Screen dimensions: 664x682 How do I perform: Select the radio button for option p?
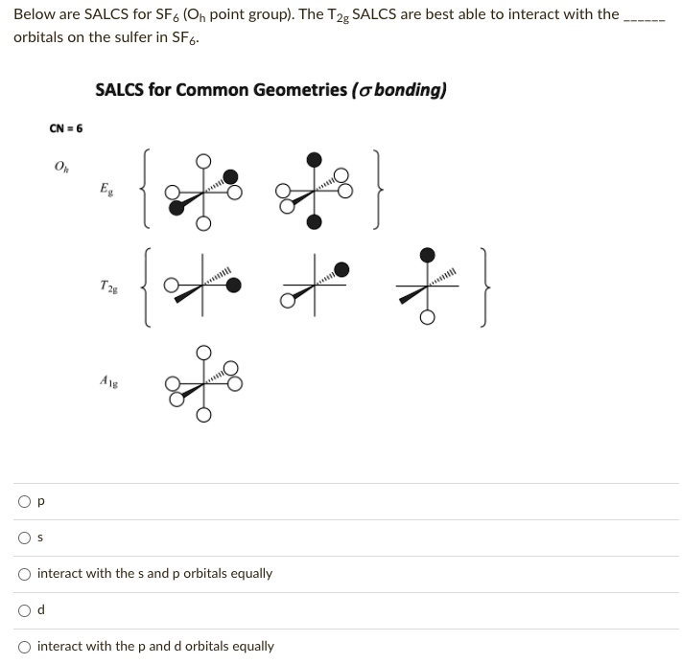(x=22, y=501)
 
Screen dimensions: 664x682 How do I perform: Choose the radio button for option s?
(x=22, y=538)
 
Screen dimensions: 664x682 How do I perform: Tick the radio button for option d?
(x=22, y=610)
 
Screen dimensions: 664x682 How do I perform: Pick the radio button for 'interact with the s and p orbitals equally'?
(x=22, y=574)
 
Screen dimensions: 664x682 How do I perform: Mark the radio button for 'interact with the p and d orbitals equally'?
(x=22, y=647)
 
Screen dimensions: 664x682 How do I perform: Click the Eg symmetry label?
(x=105, y=190)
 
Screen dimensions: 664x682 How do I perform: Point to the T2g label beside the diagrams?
(x=108, y=285)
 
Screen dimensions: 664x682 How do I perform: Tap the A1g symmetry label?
(x=108, y=379)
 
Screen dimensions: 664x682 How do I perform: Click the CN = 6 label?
(x=65, y=128)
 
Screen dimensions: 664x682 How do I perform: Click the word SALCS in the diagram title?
(x=121, y=90)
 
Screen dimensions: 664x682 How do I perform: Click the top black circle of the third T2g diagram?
(x=429, y=254)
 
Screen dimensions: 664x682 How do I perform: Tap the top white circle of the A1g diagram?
(x=202, y=352)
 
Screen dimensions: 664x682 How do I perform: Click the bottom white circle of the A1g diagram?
(x=202, y=415)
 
